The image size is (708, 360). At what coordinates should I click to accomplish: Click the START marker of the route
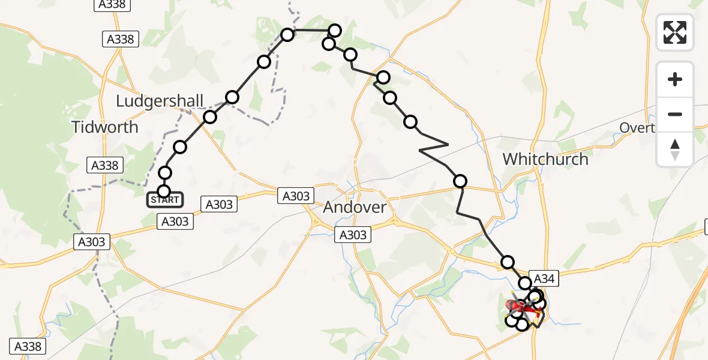click(x=164, y=199)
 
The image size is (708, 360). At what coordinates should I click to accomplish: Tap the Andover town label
click(x=355, y=208)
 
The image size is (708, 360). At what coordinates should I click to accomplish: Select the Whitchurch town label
click(x=545, y=159)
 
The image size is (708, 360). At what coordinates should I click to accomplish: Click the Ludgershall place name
click(x=160, y=101)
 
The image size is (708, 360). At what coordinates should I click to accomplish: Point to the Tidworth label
click(x=104, y=127)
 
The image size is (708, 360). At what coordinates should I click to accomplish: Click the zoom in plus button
click(x=675, y=79)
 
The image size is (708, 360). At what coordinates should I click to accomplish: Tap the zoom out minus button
click(x=675, y=114)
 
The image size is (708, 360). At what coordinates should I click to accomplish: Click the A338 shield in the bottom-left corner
click(x=27, y=346)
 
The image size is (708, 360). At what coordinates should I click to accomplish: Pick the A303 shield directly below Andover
click(x=353, y=235)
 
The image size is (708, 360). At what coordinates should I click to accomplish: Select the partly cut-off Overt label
click(x=637, y=127)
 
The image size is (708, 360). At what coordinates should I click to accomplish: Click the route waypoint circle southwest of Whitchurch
click(x=460, y=181)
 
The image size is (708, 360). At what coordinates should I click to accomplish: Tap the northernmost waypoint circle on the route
click(x=335, y=30)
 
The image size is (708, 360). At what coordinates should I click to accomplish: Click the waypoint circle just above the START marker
click(x=164, y=173)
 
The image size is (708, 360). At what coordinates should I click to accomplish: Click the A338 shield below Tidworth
click(x=105, y=165)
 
